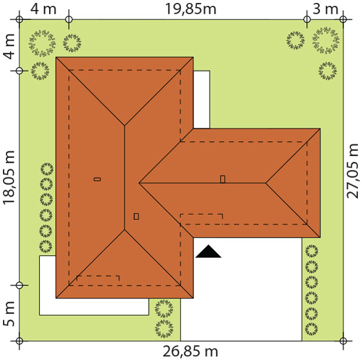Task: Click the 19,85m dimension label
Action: (x=191, y=9)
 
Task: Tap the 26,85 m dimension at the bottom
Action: (x=190, y=352)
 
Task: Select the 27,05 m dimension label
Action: (x=353, y=171)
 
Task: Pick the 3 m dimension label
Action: (x=325, y=9)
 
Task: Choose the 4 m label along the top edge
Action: (x=43, y=9)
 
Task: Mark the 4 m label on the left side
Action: (x=9, y=46)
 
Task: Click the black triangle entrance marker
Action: (x=208, y=251)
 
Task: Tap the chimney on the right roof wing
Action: (x=222, y=179)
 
